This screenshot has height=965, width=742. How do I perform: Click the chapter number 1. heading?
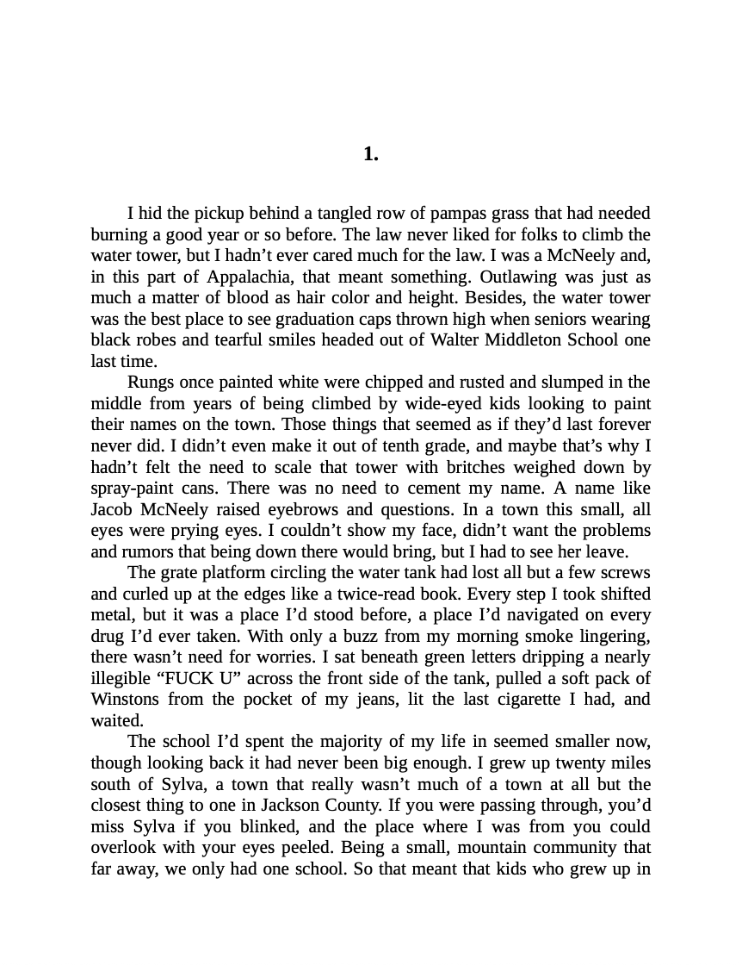[x=371, y=154]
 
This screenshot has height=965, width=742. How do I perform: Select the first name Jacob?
[x=111, y=509]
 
